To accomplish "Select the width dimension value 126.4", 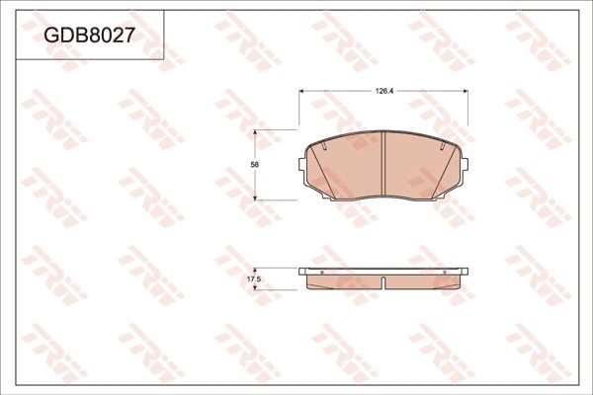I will [383, 90].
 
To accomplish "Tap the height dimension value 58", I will [255, 164].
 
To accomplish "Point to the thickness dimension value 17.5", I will [253, 279].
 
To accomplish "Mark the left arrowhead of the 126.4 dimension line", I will [302, 90].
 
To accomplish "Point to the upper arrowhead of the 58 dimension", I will [259, 132].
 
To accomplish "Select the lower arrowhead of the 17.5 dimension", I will [259, 288].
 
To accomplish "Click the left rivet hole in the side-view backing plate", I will [318, 272].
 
